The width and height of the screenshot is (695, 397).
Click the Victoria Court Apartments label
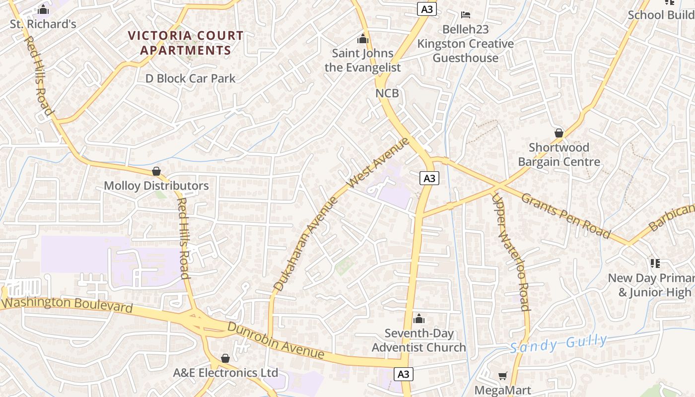coord(186,43)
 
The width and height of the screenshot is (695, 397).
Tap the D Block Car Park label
coord(190,78)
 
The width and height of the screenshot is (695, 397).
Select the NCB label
coord(387,93)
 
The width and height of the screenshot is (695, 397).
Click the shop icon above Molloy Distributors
coord(156,171)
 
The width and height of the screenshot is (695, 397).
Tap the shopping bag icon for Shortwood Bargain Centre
coord(559,133)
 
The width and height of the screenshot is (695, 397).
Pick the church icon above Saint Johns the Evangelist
coord(363,39)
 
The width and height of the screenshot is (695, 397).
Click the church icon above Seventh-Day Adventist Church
coord(419,319)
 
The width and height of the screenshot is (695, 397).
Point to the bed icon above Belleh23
coord(465,15)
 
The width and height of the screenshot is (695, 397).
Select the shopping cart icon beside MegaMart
coord(503,376)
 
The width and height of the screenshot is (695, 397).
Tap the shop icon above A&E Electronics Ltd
coord(225,358)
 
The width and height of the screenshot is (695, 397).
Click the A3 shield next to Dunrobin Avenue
coord(404,374)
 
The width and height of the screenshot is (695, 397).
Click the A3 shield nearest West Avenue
coord(429,178)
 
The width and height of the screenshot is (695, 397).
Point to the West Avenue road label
coord(378,162)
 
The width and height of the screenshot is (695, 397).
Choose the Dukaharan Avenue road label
coord(305,244)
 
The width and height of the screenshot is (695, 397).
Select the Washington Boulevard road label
coord(67,305)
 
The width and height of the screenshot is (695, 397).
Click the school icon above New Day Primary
coord(655,263)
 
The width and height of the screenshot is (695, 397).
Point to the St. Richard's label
coord(43,24)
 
